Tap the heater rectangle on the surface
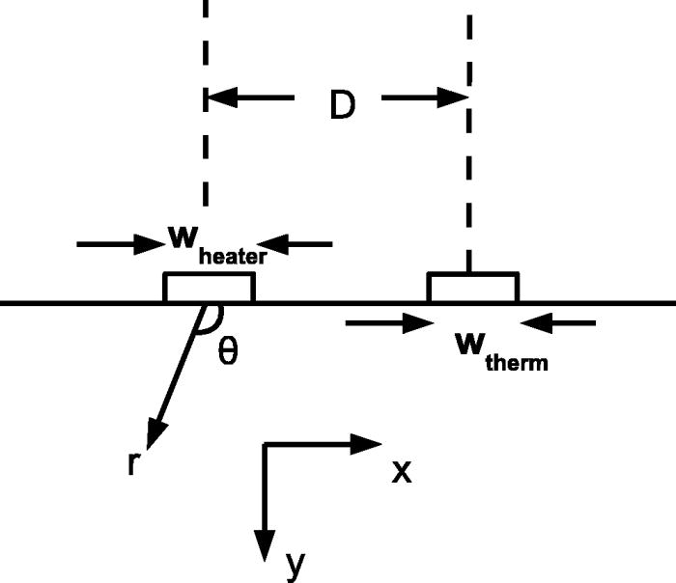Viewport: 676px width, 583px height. pos(210,288)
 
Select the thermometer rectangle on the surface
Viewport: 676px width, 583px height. pos(473,288)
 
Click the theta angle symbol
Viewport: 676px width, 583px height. pos(228,351)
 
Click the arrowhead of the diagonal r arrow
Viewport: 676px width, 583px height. pos(154,430)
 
